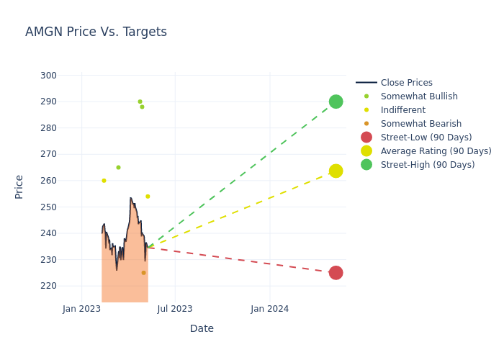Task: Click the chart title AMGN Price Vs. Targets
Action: click(x=96, y=32)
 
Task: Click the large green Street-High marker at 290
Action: click(x=336, y=102)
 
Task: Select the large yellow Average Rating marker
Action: click(x=336, y=171)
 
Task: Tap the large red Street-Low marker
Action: click(x=336, y=273)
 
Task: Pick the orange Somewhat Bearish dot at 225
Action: click(x=143, y=273)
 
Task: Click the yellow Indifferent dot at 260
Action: click(x=104, y=181)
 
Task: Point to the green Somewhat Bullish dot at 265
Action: click(x=118, y=168)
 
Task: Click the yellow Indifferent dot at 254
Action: click(x=148, y=197)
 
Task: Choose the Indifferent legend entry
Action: click(x=402, y=110)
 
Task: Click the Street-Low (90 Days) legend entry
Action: click(x=426, y=138)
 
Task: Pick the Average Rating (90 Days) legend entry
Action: click(x=436, y=151)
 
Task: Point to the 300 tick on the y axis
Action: click(x=49, y=76)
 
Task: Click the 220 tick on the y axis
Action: click(x=49, y=286)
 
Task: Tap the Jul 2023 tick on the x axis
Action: click(x=175, y=309)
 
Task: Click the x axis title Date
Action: click(x=202, y=329)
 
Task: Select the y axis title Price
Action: click(x=19, y=186)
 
